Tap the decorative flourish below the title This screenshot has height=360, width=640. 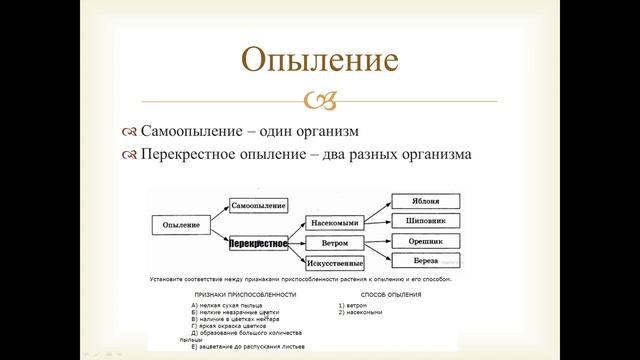coord(321,101)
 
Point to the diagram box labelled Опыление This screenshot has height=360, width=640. coord(180,225)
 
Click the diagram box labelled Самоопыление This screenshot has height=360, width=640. coord(259,205)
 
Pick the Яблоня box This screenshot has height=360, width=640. coord(425,201)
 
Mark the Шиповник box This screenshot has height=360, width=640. coord(425,220)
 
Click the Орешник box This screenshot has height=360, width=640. coord(425,242)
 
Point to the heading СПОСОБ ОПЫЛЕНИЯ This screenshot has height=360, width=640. coord(379,296)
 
